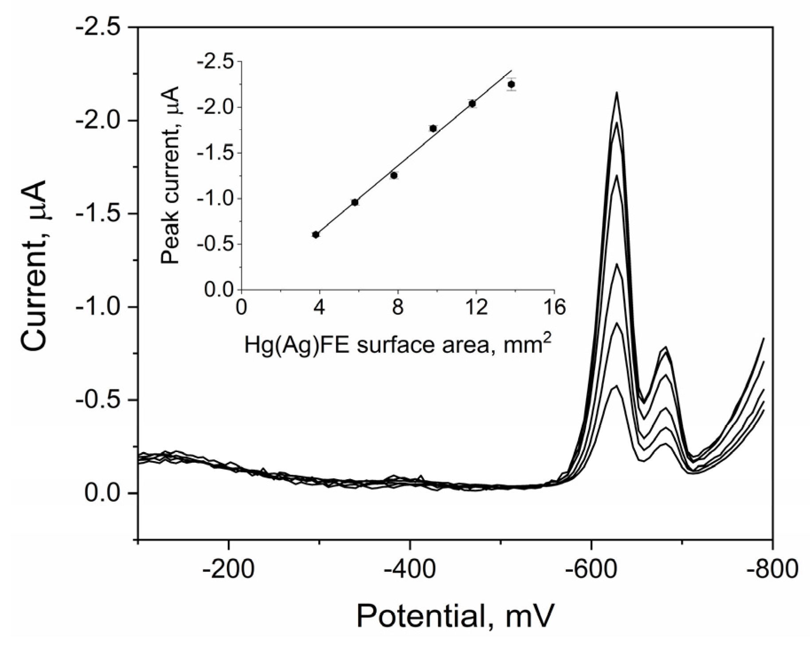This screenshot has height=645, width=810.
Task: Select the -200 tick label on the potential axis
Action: pyautogui.click(x=228, y=570)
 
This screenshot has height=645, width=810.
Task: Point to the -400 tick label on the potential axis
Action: pyautogui.click(x=410, y=570)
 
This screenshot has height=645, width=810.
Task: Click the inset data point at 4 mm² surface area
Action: pyautogui.click(x=316, y=235)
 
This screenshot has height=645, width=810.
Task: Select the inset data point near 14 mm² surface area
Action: pyautogui.click(x=511, y=84)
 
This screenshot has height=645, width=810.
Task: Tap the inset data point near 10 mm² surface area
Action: pyautogui.click(x=433, y=129)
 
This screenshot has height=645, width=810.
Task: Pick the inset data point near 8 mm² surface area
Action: pyautogui.click(x=394, y=176)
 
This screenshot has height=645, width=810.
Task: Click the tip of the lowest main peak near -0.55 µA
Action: pyautogui.click(x=616, y=385)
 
